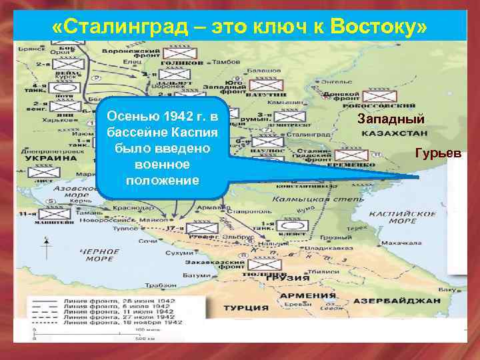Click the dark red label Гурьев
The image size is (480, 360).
tap(437, 153)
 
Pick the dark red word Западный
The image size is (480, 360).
tap(391, 120)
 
